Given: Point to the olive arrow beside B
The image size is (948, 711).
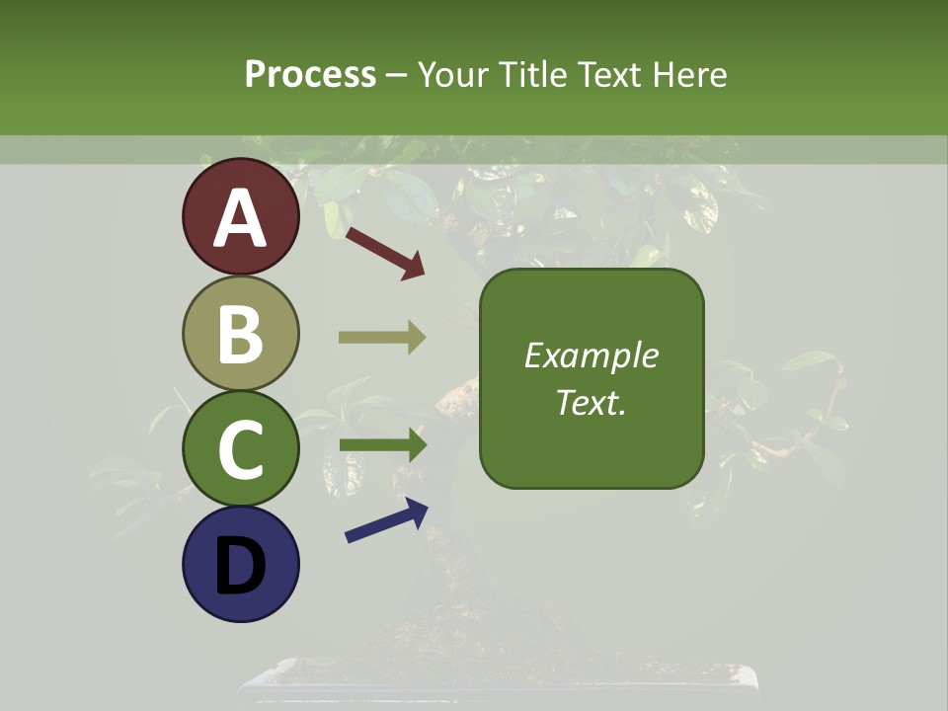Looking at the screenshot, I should point(382,338).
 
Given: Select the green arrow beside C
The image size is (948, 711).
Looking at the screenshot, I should point(382,445).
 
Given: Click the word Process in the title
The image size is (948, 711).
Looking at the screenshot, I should point(310,75).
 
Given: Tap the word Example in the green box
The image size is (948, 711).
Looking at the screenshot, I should point(592,355).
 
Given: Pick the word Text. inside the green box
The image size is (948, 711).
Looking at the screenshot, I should point(592,402).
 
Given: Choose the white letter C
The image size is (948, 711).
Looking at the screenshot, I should point(241,449).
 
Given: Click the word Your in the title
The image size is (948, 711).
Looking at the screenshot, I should point(453,75).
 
